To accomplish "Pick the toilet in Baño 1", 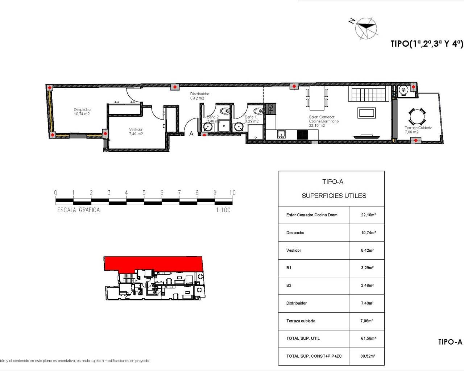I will pyautogui.click(x=258, y=111).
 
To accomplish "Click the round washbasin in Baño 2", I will pyautogui.click(x=208, y=127).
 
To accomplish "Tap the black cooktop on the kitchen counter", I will pyautogui.click(x=302, y=135).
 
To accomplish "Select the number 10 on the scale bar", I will pyautogui.click(x=232, y=193).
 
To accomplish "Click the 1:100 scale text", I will pyautogui.click(x=223, y=210).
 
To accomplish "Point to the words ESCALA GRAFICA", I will pyautogui.click(x=78, y=210).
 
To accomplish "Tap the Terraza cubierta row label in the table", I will pyautogui.click(x=301, y=321).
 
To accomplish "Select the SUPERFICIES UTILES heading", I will pyautogui.click(x=334, y=196).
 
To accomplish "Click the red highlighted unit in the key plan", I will pyautogui.click(x=152, y=263).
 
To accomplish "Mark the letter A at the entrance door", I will pyautogui.click(x=191, y=134).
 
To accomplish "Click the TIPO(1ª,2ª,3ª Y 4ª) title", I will pyautogui.click(x=427, y=44).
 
